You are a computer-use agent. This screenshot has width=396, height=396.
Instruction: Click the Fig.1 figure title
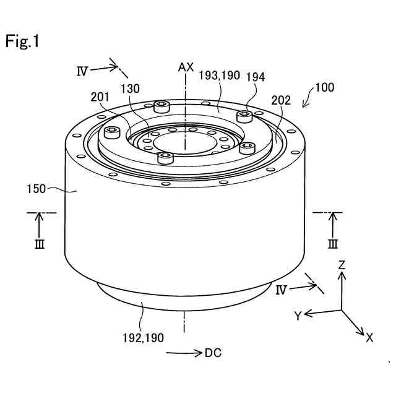22,41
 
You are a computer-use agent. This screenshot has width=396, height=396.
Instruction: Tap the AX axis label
186,67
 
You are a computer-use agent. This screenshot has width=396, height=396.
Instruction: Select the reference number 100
325,87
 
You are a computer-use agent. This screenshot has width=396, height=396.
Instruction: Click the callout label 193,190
219,75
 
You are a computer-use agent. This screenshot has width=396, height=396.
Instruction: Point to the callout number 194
256,77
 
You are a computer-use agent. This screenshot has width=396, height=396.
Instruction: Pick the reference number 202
281,100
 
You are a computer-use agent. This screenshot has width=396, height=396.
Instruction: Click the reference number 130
130,89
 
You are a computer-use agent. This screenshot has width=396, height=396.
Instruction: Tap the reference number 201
100,97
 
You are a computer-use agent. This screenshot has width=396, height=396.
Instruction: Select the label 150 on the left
36,189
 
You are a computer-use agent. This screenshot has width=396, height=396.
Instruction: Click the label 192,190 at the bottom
143,338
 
